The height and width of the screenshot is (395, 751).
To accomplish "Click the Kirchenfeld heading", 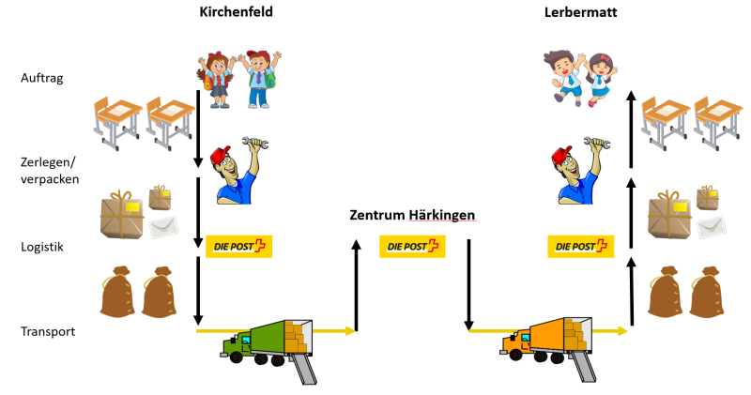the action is [x=237, y=11].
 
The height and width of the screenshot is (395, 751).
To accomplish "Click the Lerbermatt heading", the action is [x=580, y=12].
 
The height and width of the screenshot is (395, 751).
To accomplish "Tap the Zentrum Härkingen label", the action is [x=412, y=215].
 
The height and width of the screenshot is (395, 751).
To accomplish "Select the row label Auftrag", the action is [x=42, y=78].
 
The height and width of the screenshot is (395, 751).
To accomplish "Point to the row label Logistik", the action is [x=42, y=247].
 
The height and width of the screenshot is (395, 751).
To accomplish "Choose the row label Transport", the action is [x=48, y=331].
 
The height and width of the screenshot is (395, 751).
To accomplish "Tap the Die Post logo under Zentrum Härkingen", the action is [x=412, y=247].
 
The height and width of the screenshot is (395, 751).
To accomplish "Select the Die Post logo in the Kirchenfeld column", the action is [x=239, y=247].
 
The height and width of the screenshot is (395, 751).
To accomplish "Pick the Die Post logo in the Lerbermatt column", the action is [x=580, y=247].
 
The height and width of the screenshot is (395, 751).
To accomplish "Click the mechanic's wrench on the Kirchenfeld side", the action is [x=255, y=143].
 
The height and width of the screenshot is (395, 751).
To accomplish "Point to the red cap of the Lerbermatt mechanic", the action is [x=561, y=156].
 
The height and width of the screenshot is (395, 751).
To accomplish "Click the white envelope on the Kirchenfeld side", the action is [x=163, y=226].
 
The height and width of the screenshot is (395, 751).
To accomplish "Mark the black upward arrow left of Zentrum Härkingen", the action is [x=356, y=285].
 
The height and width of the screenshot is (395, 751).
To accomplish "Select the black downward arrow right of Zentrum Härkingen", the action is [x=468, y=285].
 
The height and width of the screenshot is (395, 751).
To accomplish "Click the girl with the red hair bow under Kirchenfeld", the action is [x=217, y=80].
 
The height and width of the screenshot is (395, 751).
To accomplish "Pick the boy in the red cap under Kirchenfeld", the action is [x=259, y=79].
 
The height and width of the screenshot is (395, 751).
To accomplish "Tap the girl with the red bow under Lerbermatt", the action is [x=600, y=80].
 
